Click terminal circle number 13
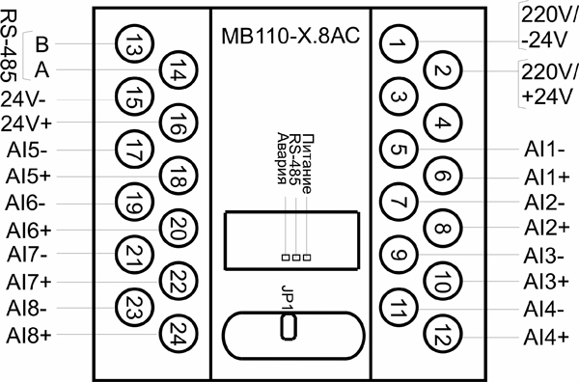(132, 43)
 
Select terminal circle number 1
(396, 43)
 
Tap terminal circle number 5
(396, 150)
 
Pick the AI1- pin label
(544, 150)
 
